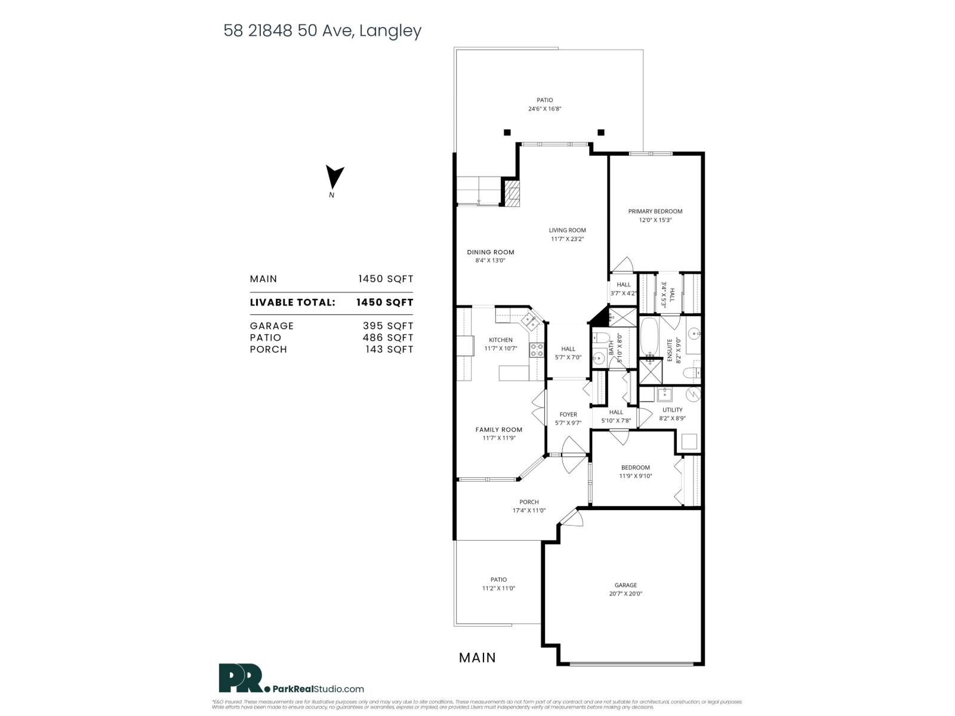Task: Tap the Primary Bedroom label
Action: [655, 211]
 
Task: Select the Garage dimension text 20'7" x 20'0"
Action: [626, 594]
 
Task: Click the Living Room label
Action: [567, 230]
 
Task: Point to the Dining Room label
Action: [490, 252]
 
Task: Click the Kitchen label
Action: [500, 340]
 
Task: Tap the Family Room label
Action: [498, 430]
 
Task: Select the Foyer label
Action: [568, 415]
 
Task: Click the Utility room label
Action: [672, 410]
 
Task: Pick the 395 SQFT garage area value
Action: [387, 326]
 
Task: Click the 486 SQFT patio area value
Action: [387, 338]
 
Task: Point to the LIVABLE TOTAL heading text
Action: [292, 303]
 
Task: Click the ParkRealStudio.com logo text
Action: [318, 689]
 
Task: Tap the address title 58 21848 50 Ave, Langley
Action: [322, 31]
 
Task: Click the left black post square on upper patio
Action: [507, 132]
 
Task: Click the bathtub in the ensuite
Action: [649, 338]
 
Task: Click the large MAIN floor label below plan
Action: [477, 658]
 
